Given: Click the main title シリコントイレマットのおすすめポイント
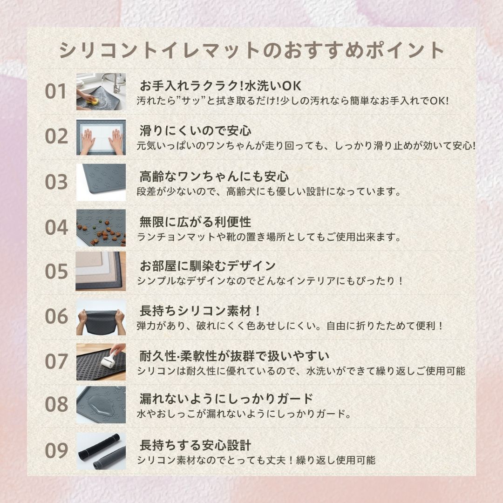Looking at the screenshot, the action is click(251, 50).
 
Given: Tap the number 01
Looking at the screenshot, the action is click(56, 91).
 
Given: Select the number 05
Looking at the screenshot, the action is click(56, 272).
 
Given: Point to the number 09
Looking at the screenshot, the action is click(56, 450).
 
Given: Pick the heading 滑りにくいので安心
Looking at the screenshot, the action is click(195, 130).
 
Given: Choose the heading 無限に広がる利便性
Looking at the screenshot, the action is click(195, 222).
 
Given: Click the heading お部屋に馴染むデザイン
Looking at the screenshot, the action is click(208, 266).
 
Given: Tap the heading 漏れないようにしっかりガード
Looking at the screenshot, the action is click(226, 399).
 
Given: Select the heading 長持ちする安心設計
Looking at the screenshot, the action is click(195, 445).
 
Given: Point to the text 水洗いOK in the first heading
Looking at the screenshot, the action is click(273, 86).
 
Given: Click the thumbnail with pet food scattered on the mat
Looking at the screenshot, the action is click(101, 228).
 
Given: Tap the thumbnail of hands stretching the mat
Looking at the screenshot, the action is click(101, 317).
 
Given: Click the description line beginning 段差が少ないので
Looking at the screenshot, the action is click(269, 192).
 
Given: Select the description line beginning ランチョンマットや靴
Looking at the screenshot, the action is click(269, 237).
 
